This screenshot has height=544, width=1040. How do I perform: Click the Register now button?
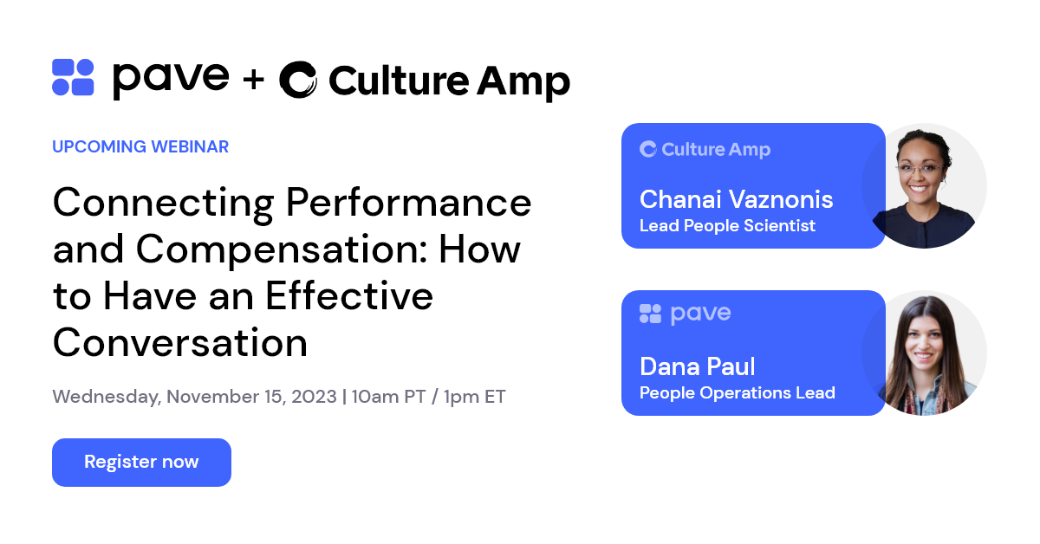tap(141, 463)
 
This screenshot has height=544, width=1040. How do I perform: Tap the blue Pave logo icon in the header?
tap(73, 77)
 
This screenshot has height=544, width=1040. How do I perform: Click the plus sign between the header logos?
tap(253, 80)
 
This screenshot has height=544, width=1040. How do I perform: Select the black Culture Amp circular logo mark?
tap(298, 80)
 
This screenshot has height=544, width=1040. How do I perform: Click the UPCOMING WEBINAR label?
tap(140, 147)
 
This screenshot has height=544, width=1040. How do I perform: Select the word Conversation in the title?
tap(180, 343)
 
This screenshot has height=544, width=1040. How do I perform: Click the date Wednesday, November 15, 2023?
tap(194, 397)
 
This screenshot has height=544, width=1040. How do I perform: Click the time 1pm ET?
tap(474, 397)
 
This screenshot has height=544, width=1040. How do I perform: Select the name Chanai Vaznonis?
tap(736, 199)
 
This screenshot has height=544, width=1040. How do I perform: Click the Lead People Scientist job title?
tap(727, 226)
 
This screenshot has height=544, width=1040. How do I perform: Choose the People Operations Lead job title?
tap(737, 393)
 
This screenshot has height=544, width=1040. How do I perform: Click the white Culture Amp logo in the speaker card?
tap(705, 150)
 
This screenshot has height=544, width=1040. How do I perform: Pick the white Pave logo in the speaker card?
tap(685, 314)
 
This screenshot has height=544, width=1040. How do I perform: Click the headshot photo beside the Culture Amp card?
tap(925, 185)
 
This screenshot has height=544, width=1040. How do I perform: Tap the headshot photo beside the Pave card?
tap(925, 353)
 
